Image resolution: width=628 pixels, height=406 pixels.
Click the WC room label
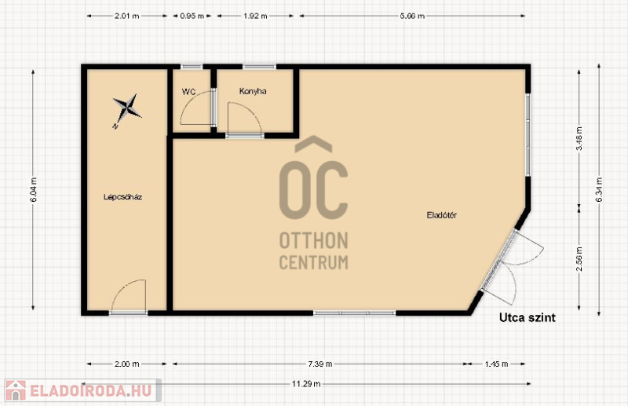188,92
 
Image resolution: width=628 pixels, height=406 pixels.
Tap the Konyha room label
253,91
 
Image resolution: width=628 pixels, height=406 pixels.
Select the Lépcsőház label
123,197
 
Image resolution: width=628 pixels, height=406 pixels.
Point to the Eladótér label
441,215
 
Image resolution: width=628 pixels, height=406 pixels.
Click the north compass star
126,108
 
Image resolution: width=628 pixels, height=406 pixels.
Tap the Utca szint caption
527,317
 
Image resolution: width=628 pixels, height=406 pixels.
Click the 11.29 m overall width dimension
306,384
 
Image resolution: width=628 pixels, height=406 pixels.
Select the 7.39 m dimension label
320,364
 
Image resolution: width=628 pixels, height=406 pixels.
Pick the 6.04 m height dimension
33,189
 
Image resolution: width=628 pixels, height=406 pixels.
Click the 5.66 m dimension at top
412,16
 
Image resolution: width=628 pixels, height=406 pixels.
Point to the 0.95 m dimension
192,16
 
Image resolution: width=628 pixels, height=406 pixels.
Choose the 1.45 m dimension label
496,364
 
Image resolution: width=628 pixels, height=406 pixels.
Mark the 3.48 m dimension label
579,138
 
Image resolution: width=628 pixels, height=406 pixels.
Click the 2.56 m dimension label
579,258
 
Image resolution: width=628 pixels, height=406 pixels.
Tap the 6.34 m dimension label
599,189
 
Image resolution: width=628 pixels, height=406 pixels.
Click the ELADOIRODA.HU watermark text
90,391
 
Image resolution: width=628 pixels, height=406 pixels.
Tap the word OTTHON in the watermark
313,240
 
